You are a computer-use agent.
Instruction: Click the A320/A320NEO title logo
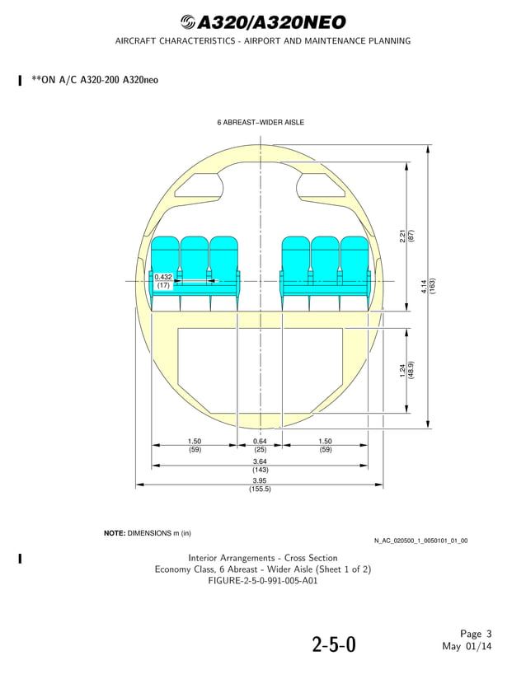point(263,22)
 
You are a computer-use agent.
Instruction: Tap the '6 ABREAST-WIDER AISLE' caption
point(261,122)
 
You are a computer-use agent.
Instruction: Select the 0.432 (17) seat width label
point(163,281)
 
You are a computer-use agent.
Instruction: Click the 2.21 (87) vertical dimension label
point(406,236)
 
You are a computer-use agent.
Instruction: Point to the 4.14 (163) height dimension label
point(428,286)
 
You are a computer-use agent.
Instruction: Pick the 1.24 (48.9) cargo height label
point(406,371)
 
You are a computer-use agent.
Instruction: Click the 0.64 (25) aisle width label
point(260,446)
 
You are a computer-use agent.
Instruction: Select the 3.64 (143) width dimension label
point(260,466)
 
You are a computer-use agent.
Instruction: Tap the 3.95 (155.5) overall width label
point(260,485)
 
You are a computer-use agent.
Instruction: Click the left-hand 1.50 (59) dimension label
point(195,446)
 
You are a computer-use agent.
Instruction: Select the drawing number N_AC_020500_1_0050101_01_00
point(420,541)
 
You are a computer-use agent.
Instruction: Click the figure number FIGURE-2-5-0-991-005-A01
point(263,580)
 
